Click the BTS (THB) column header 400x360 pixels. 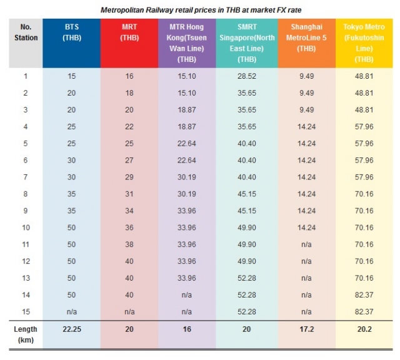coord(71,32)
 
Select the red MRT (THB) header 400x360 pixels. coord(129,32)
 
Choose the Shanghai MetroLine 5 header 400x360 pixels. coord(307,37)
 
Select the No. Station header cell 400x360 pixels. coord(26,33)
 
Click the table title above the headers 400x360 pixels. coord(199,10)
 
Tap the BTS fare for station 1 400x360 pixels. coord(71,76)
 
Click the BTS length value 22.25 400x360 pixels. coord(71,329)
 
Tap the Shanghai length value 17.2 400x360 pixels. coord(307,329)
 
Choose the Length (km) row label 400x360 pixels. coord(26,334)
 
